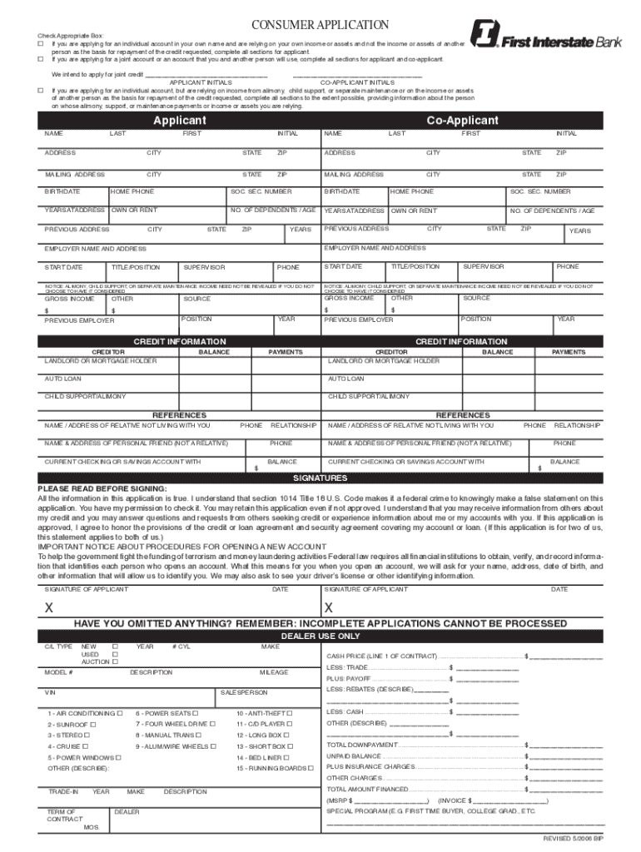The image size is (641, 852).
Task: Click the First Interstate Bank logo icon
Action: (484, 36)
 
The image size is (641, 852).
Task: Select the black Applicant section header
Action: (179, 121)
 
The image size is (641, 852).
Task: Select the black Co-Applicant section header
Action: (461, 121)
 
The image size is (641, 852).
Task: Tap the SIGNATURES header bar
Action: (320, 478)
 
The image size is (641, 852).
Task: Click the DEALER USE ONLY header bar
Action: (320, 636)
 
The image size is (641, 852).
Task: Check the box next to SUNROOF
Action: (93, 725)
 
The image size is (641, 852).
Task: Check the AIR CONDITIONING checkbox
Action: (121, 713)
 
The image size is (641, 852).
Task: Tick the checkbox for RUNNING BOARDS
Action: (308, 769)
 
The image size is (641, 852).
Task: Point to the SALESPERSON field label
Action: (243, 692)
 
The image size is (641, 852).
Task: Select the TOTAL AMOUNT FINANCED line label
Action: (367, 789)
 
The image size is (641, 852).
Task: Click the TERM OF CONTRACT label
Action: (62, 815)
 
